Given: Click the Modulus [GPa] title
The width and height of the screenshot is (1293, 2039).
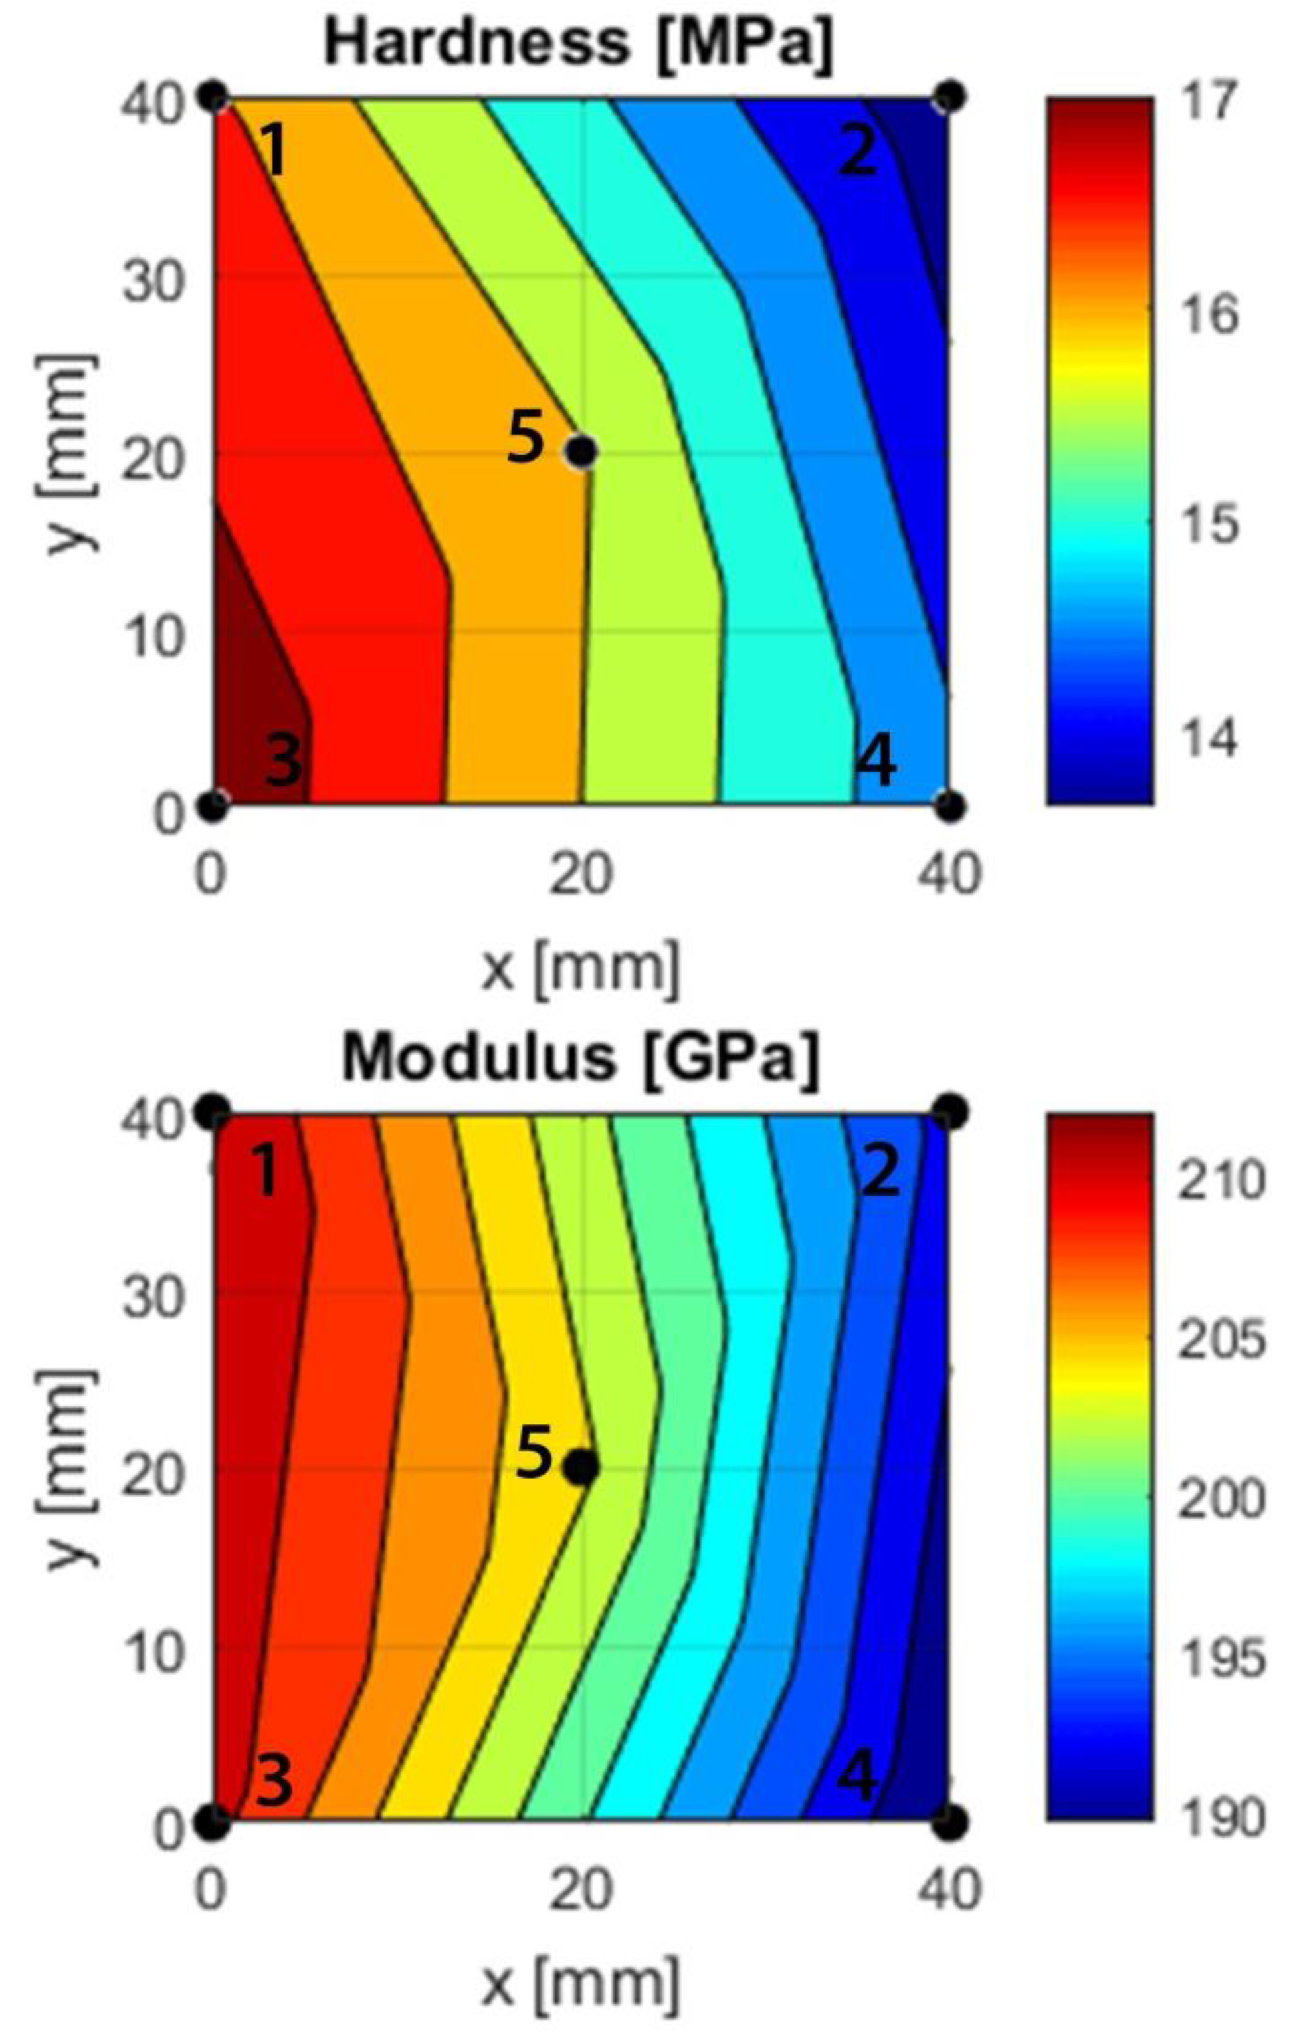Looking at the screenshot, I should (x=581, y=1059).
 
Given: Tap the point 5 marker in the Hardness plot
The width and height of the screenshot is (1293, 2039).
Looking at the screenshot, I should (x=581, y=452).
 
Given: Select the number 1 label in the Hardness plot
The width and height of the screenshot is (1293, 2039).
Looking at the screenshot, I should (x=272, y=149).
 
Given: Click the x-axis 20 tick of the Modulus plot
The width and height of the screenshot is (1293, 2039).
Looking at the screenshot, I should (x=580, y=1889).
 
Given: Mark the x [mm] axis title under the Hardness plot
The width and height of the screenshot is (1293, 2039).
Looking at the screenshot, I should (x=581, y=968).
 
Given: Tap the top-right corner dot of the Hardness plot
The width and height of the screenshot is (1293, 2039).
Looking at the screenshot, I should (x=950, y=95).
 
